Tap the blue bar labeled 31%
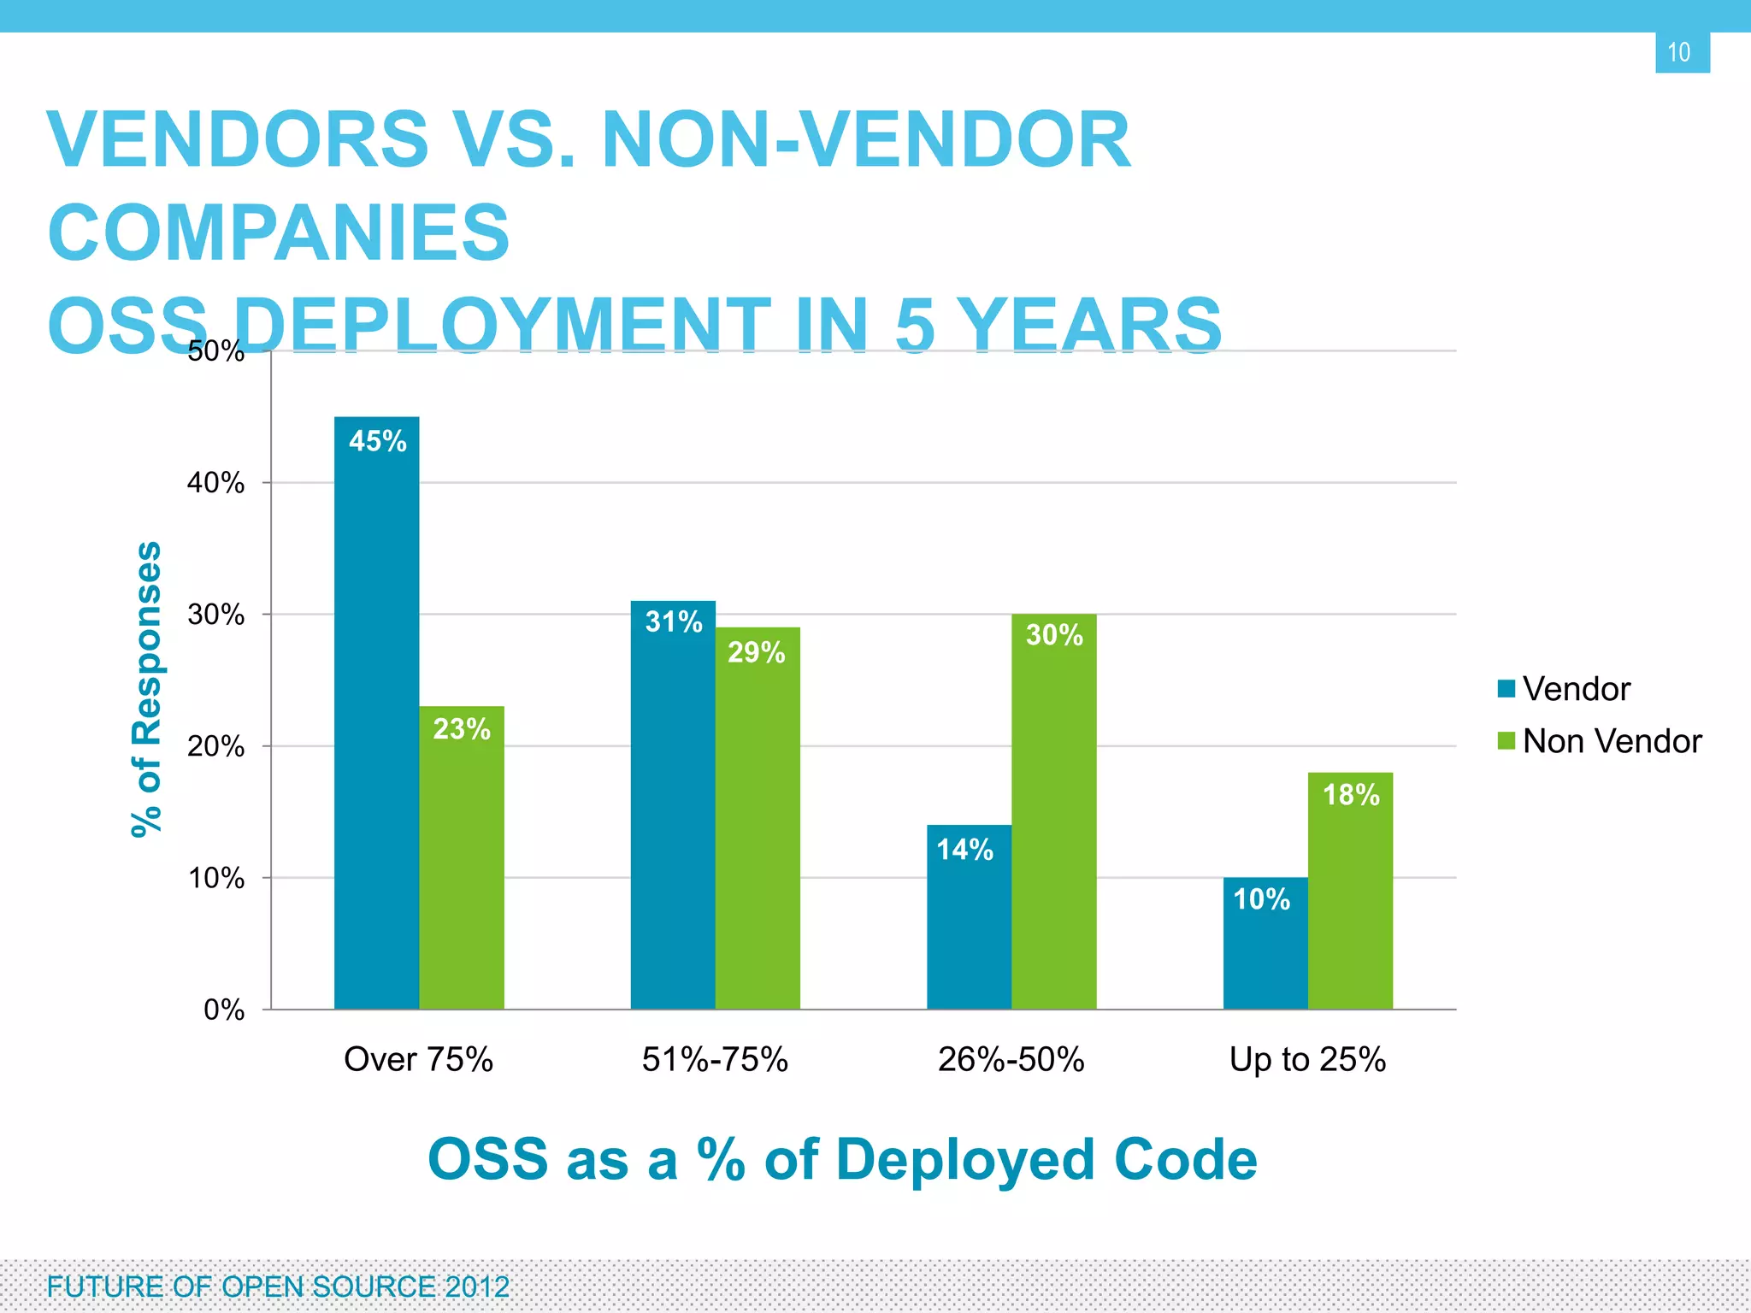point(673,804)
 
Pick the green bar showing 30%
point(1053,811)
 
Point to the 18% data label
point(1351,795)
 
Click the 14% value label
point(964,850)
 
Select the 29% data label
point(756,653)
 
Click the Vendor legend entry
point(1565,689)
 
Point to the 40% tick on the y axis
point(215,483)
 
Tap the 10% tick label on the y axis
point(215,878)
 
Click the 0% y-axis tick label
point(223,1010)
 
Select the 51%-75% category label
point(715,1060)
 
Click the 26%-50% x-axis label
point(1011,1060)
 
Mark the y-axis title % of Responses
point(146,688)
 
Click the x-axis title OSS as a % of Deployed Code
point(842,1160)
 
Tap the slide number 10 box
point(1682,53)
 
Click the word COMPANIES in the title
point(279,233)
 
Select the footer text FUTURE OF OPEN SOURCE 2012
point(278,1287)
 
